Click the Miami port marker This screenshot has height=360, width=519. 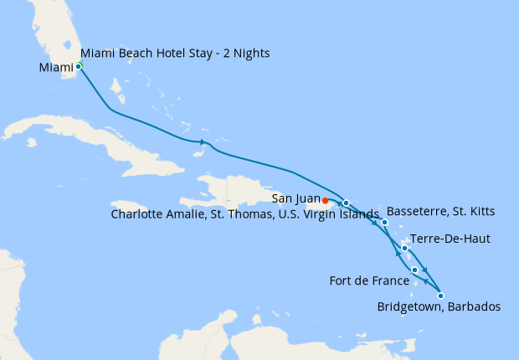click(x=79, y=65)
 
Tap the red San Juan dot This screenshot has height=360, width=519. click(x=325, y=200)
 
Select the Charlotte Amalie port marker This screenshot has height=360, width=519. click(x=346, y=203)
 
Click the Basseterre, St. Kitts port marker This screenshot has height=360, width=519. click(x=384, y=223)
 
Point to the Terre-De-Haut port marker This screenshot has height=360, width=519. click(x=404, y=248)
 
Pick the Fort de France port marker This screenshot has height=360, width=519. click(x=415, y=270)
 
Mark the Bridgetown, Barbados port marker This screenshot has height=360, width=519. click(x=440, y=295)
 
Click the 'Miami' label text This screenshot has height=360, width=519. click(x=56, y=67)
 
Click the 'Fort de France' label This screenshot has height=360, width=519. click(x=369, y=281)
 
